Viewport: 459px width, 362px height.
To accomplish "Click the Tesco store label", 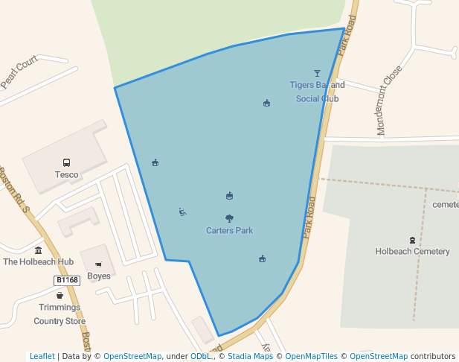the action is pyautogui.click(x=66, y=175).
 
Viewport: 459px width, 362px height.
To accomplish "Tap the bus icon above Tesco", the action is pyautogui.click(x=66, y=162).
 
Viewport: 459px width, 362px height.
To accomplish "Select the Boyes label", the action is pyautogui.click(x=98, y=276).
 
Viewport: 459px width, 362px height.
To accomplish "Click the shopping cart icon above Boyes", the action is pyautogui.click(x=98, y=264).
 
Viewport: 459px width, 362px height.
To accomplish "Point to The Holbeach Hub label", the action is pyautogui.click(x=39, y=262).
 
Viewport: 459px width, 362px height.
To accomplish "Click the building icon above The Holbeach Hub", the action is pyautogui.click(x=39, y=250).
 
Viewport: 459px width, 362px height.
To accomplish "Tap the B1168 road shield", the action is pyautogui.click(x=67, y=280).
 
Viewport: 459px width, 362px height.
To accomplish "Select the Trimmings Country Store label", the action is pyautogui.click(x=60, y=314).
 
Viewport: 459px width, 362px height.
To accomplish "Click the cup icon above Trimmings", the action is pyautogui.click(x=60, y=296).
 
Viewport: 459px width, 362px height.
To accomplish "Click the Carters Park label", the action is pyautogui.click(x=229, y=231).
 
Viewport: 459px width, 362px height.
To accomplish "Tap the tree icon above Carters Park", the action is pyautogui.click(x=229, y=218).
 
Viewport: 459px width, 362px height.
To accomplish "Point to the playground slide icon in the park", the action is pyautogui.click(x=182, y=212).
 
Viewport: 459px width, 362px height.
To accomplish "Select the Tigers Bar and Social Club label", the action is pyautogui.click(x=317, y=92).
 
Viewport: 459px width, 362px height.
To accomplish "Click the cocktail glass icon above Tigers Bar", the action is pyautogui.click(x=318, y=73).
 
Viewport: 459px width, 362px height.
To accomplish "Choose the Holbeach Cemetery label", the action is pyautogui.click(x=412, y=252).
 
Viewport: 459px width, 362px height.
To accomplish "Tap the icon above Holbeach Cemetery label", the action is pyautogui.click(x=412, y=240).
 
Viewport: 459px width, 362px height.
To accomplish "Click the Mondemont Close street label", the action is pyautogui.click(x=389, y=101).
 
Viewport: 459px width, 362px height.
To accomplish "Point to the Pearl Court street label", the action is pyautogui.click(x=19, y=72).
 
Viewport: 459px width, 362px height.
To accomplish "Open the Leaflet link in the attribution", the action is pyautogui.click(x=42, y=356).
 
